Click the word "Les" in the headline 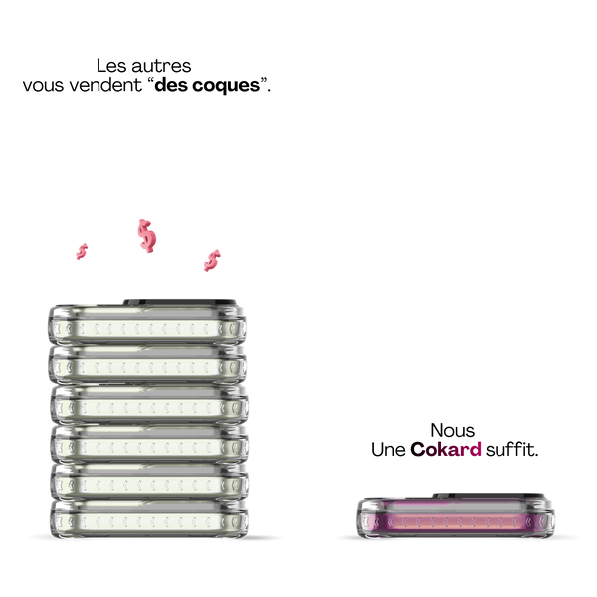[111, 66]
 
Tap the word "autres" [161, 66]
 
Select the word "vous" [43, 85]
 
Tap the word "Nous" [453, 431]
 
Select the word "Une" [388, 450]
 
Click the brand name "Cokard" [446, 449]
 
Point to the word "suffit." [511, 449]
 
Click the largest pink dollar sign [147, 236]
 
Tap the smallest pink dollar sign [82, 252]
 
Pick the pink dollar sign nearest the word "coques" [212, 260]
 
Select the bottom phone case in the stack [149, 519]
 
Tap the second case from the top [147, 365]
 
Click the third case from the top [149, 404]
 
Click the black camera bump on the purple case [489, 496]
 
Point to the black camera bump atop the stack [180, 303]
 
